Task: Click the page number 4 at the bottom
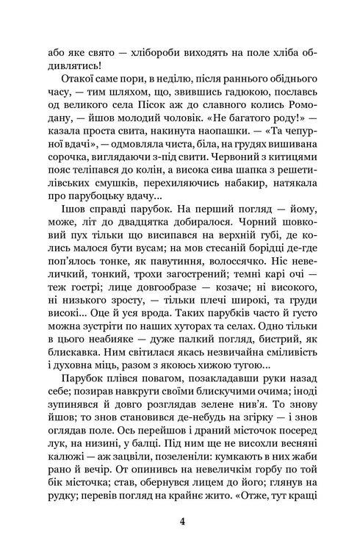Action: pos(180,522)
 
